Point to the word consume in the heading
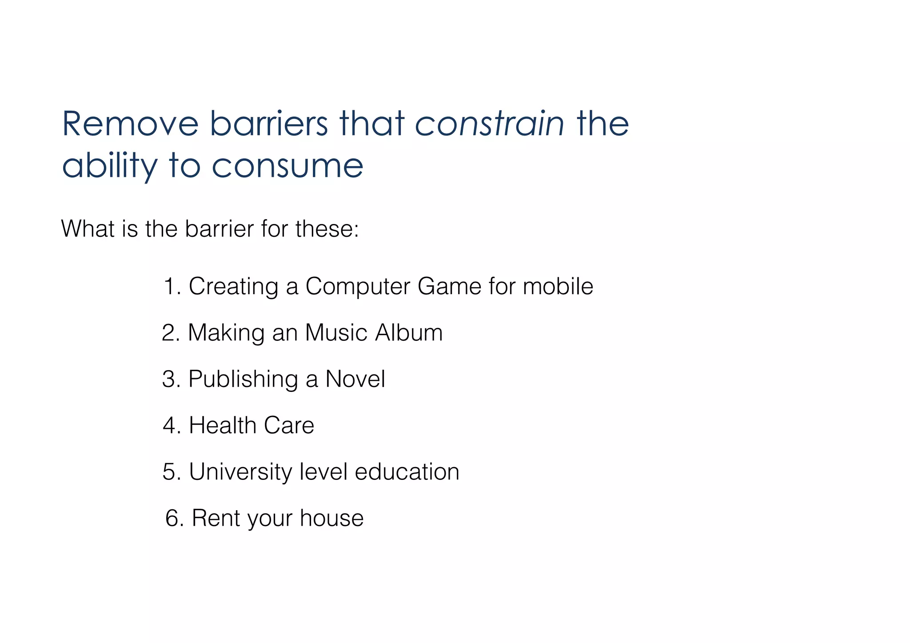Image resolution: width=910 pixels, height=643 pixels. coord(287,166)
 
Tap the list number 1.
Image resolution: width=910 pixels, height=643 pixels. coord(171,286)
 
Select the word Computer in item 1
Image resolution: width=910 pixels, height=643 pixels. coord(358,286)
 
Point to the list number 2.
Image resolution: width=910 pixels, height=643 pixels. coord(170,333)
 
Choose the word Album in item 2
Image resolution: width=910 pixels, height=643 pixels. coord(409,333)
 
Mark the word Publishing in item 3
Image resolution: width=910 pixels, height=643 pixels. coord(243,379)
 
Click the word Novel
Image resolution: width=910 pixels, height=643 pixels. coord(355,379)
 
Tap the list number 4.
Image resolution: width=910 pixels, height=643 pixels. coord(171,426)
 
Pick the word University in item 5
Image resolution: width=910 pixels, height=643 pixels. coord(240,472)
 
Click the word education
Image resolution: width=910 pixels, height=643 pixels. coord(407,472)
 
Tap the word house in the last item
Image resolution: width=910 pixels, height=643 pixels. coord(331,519)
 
